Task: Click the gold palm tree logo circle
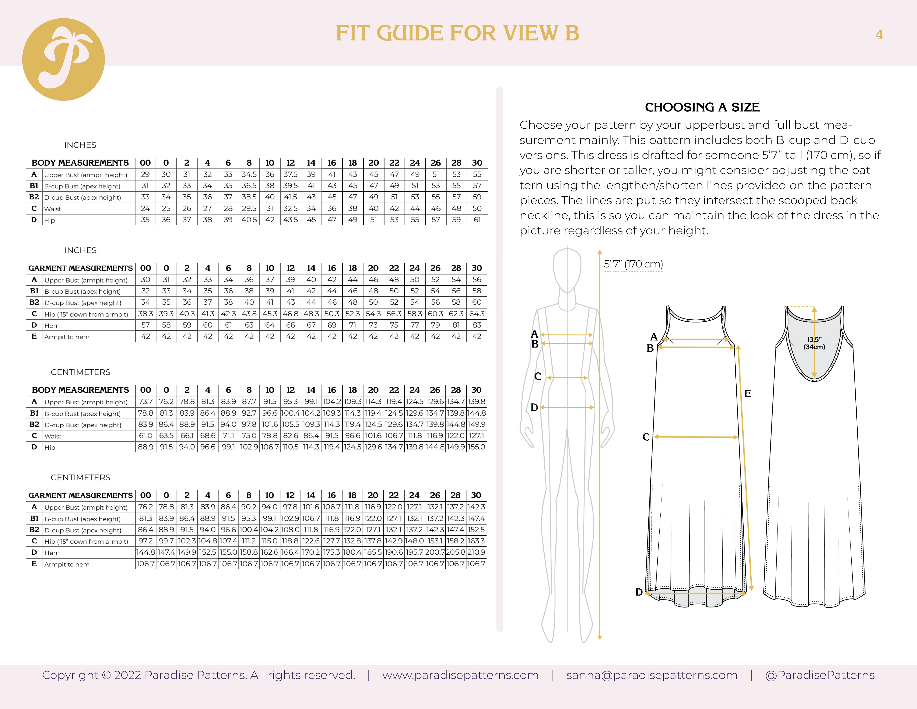coord(63,59)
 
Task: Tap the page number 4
coord(879,35)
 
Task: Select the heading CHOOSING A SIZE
coord(702,107)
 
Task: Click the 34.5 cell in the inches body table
coord(249,174)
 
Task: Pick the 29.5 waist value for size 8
coord(249,208)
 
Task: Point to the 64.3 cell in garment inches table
coord(477,314)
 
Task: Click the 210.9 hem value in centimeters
coord(476,552)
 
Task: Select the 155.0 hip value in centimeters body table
coord(477,447)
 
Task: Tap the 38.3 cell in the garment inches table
coord(145,314)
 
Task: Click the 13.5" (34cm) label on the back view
coord(814,343)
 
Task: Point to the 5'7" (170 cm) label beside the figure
coord(633,264)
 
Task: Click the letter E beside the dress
coord(747,394)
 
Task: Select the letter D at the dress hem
coord(639,592)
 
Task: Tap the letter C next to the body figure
coord(537,376)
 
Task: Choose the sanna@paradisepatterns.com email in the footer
coord(652,675)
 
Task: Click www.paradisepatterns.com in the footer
coord(460,675)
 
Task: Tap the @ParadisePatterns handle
coord(820,675)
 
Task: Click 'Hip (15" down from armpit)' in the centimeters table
coord(86,541)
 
